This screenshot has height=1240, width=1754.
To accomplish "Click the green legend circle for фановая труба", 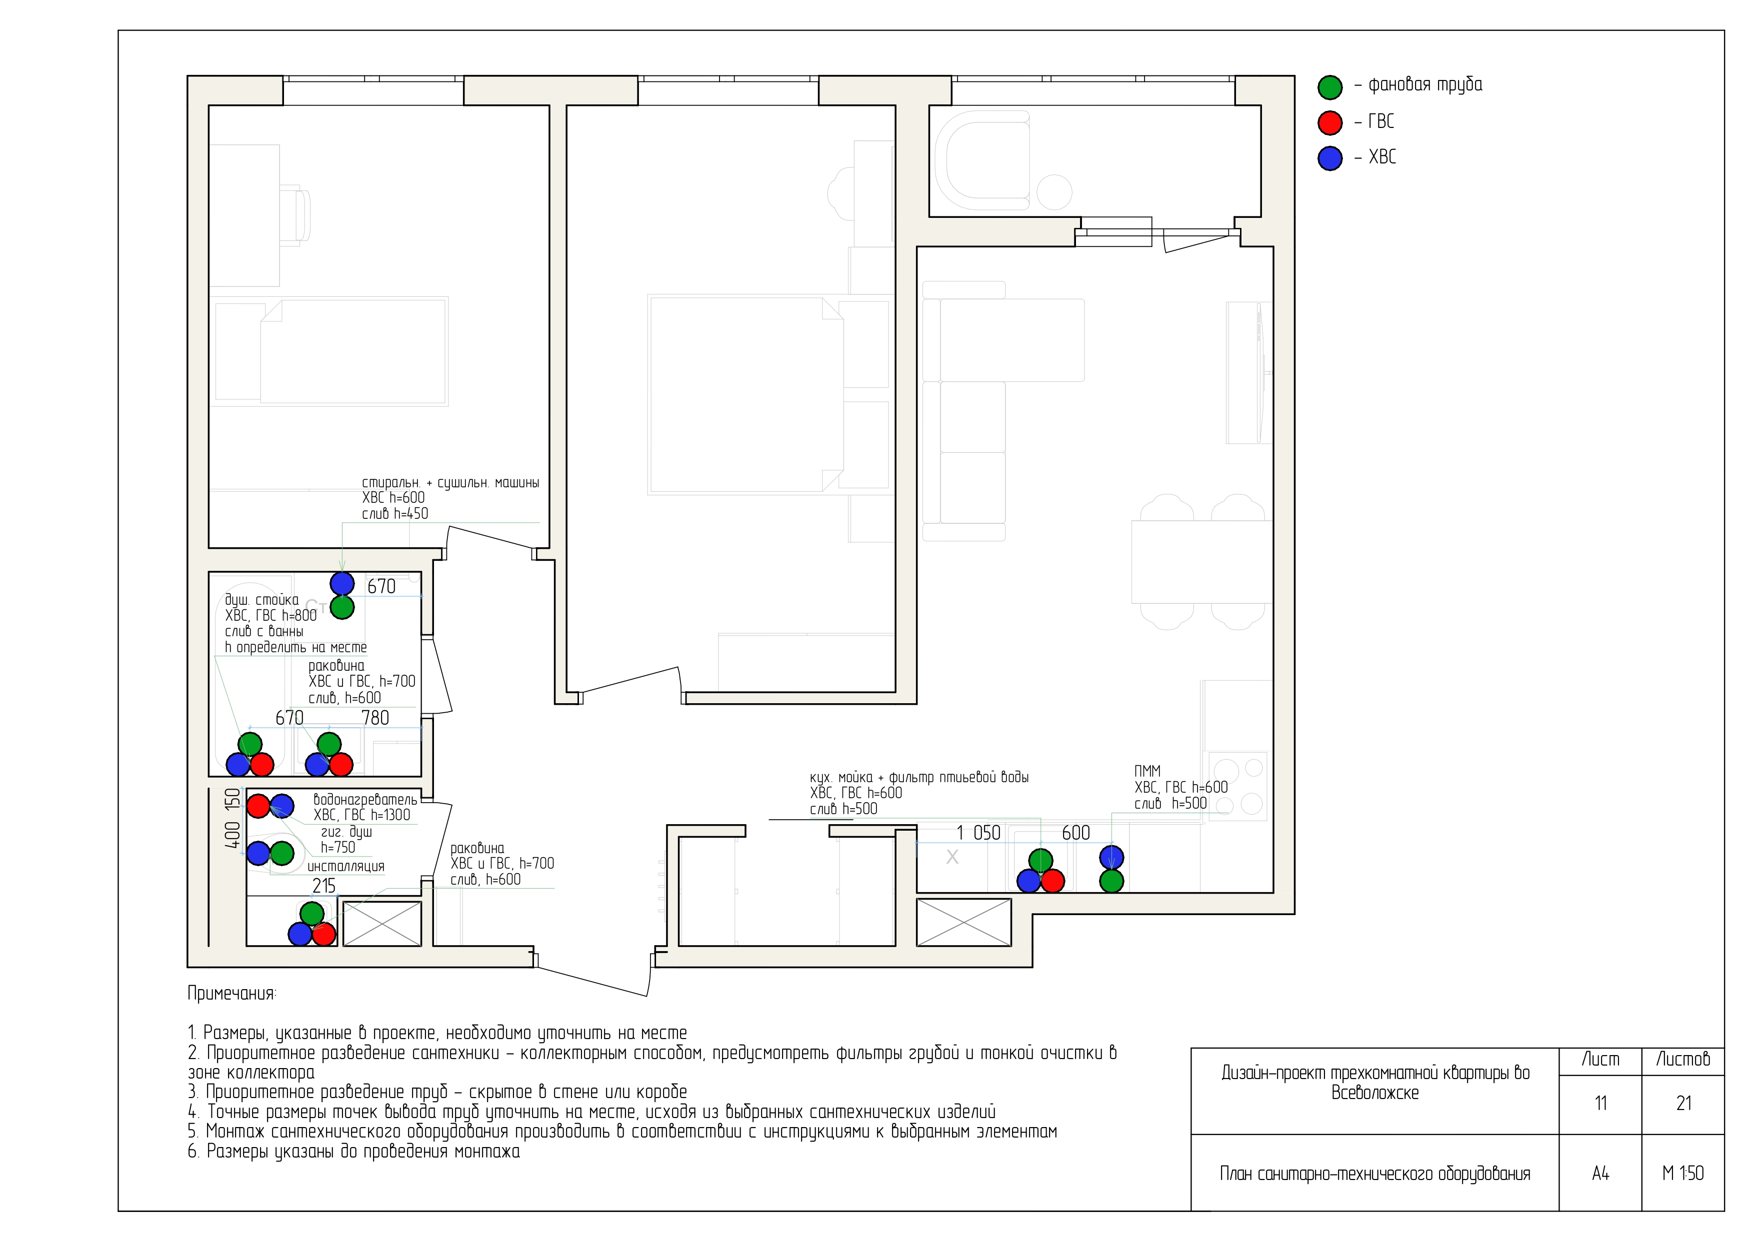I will click(x=1330, y=87).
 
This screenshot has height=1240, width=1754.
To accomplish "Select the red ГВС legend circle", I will click(x=1330, y=122).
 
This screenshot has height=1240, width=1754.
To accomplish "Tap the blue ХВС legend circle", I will click(x=1330, y=158).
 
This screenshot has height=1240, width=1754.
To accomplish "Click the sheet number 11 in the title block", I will click(x=1600, y=1104).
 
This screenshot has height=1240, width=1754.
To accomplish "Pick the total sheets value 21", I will click(x=1683, y=1104).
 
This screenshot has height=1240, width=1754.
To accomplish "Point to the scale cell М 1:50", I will click(x=1683, y=1174).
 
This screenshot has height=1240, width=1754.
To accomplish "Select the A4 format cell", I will click(x=1600, y=1174).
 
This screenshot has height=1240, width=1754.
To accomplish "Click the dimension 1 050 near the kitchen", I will click(x=978, y=833).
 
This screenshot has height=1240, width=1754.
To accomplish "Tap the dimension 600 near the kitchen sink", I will click(x=1075, y=833).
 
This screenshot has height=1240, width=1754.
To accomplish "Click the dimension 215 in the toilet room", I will click(x=324, y=886).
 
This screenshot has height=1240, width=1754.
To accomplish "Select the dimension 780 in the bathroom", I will click(x=375, y=718).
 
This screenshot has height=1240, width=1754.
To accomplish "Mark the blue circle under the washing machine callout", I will click(x=342, y=583).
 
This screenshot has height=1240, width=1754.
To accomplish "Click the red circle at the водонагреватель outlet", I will click(x=258, y=806).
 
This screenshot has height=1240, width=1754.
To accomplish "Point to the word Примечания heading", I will click(x=232, y=994).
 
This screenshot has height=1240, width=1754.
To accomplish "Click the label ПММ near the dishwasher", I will click(x=1147, y=771).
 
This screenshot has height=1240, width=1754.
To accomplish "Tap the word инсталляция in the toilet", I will click(x=346, y=867).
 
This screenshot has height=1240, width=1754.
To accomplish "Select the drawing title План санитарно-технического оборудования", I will click(x=1374, y=1174).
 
